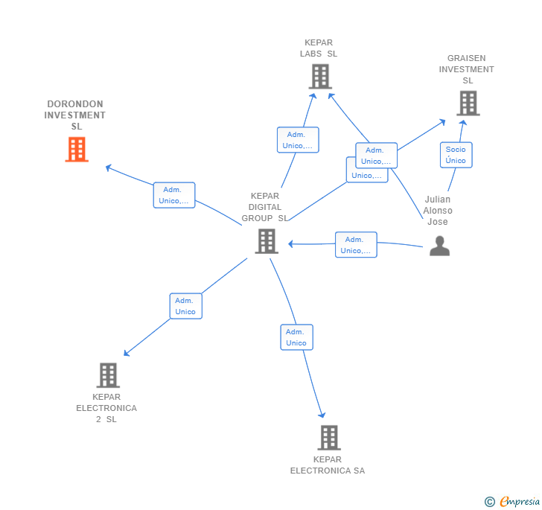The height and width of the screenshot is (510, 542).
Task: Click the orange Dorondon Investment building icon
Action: (x=77, y=150)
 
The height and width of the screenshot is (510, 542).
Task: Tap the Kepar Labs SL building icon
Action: (x=319, y=76)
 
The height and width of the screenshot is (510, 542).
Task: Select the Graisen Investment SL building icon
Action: (x=468, y=103)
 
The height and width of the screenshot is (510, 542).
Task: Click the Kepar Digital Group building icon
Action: (x=267, y=241)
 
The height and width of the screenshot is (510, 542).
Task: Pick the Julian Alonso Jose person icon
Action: (x=439, y=246)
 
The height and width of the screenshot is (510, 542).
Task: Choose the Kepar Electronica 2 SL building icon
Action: (x=108, y=375)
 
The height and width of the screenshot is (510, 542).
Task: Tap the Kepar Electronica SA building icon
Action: (x=329, y=438)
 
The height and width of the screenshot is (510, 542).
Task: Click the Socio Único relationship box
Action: (x=456, y=155)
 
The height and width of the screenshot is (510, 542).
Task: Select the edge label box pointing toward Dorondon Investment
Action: (x=174, y=195)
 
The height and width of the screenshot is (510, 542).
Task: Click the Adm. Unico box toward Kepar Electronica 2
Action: (x=185, y=306)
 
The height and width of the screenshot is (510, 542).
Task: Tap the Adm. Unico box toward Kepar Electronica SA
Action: (x=296, y=337)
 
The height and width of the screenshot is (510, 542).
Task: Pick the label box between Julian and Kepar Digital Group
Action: (x=356, y=245)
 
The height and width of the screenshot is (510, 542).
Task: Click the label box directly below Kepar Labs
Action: (x=298, y=140)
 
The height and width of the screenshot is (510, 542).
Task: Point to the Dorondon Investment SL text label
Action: (x=74, y=115)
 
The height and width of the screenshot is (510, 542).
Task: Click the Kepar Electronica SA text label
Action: (x=328, y=465)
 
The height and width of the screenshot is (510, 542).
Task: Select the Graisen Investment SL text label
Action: (x=467, y=69)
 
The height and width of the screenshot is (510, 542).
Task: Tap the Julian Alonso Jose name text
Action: (x=438, y=211)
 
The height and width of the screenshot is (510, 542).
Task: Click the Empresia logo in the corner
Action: (x=512, y=501)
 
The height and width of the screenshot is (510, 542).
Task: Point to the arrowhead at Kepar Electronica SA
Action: (x=322, y=415)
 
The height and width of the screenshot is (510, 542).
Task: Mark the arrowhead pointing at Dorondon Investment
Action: (x=109, y=168)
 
